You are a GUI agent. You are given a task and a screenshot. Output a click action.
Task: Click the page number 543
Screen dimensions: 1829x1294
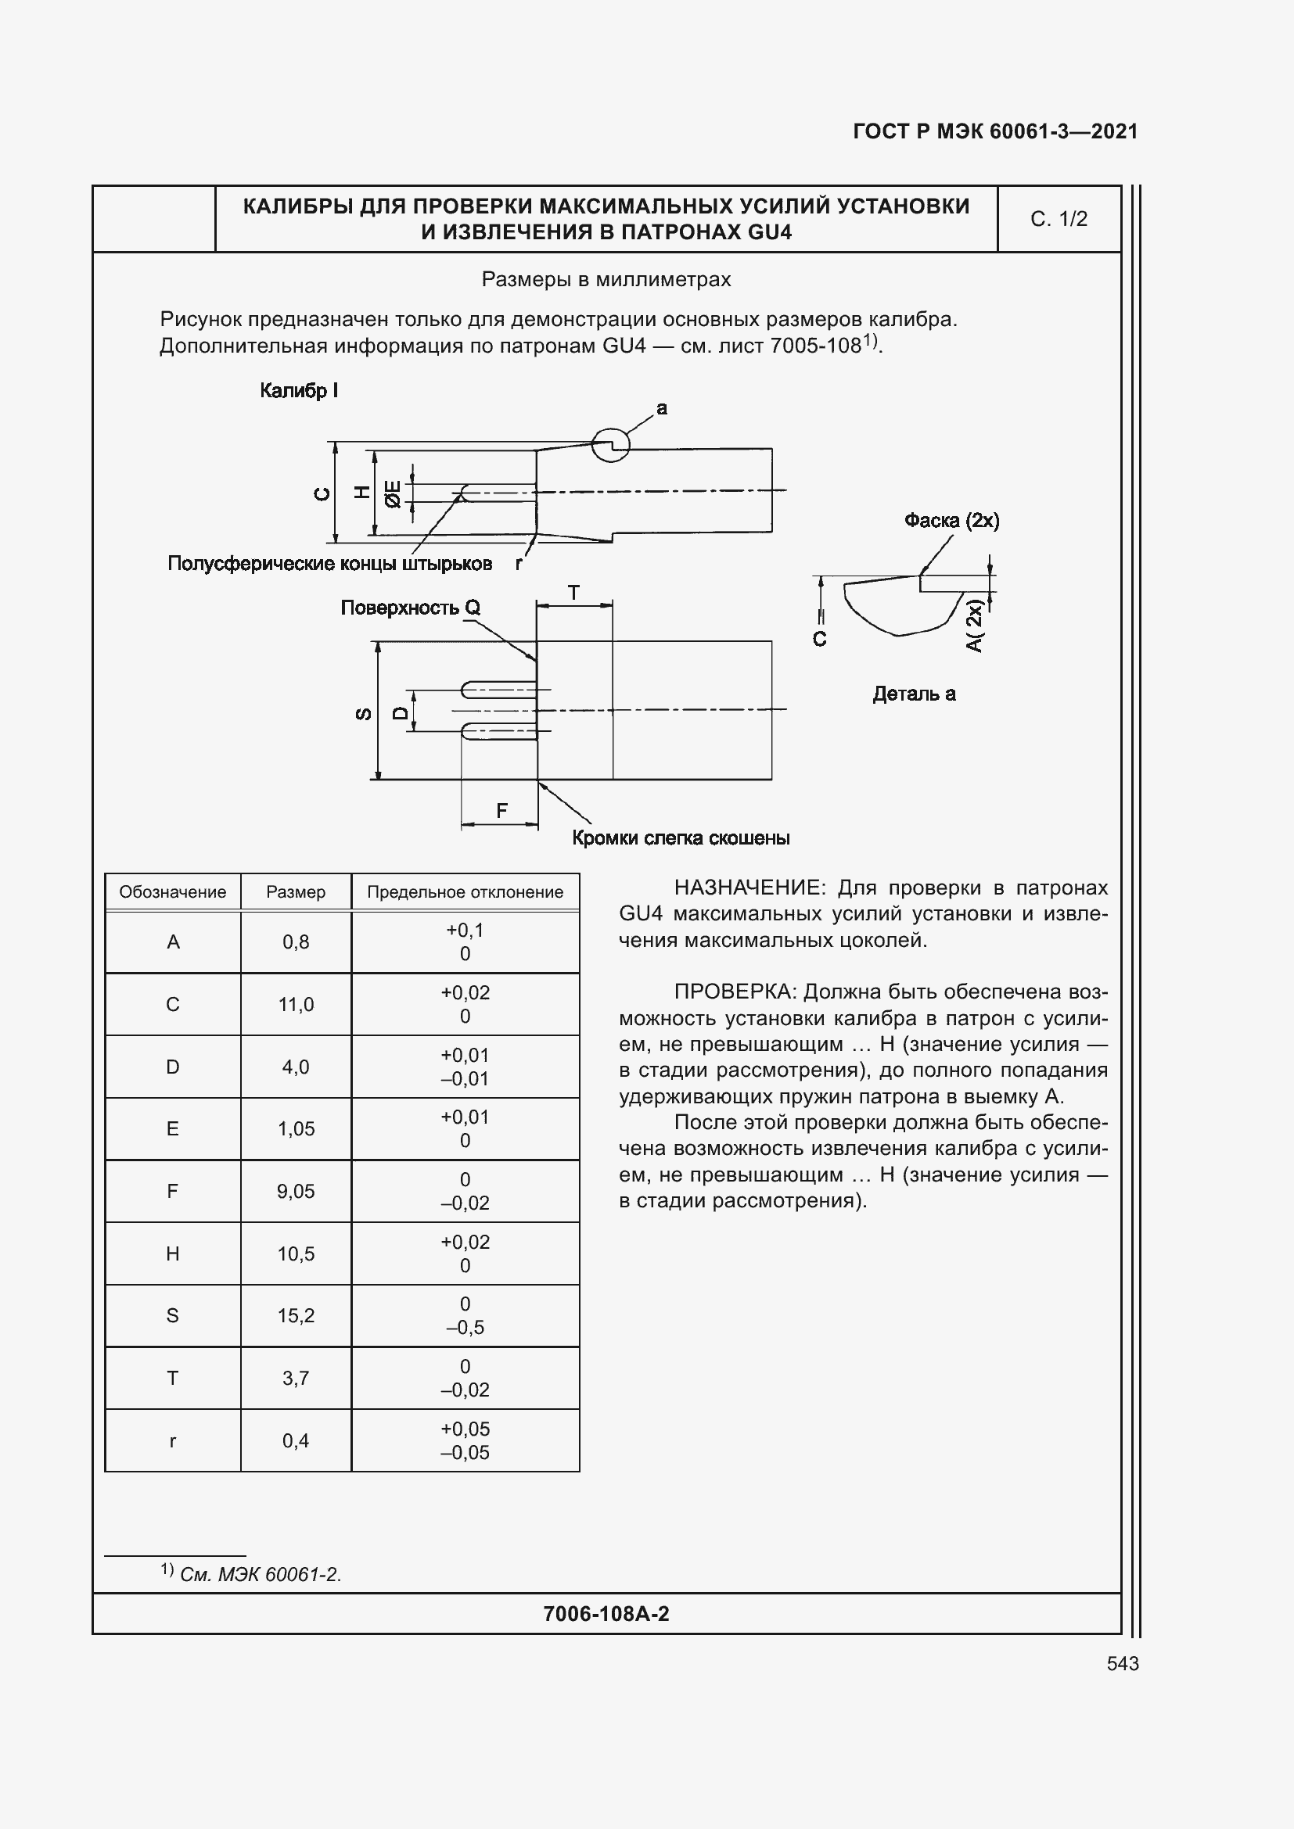[1122, 1663]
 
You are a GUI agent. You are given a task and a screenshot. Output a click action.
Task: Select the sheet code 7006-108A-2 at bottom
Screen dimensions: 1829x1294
[606, 1614]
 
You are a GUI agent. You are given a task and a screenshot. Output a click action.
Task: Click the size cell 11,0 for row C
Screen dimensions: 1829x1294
[296, 1005]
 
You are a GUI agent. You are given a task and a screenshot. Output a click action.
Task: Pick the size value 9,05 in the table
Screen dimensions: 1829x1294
[296, 1191]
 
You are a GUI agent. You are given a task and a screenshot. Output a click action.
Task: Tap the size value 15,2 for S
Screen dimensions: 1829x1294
[296, 1315]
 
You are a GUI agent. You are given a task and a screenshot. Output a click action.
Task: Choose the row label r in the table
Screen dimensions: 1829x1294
[172, 1440]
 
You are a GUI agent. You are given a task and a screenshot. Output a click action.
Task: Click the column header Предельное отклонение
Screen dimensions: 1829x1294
[465, 892]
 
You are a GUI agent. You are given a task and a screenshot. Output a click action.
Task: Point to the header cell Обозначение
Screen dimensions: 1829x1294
[172, 892]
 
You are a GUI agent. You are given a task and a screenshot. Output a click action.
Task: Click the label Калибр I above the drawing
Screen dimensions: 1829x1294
[299, 390]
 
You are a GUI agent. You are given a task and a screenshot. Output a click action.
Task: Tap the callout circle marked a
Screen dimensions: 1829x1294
[610, 444]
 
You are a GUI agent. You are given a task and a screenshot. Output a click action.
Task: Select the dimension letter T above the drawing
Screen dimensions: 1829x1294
[573, 593]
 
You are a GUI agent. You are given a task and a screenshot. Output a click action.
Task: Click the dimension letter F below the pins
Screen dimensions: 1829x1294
[501, 811]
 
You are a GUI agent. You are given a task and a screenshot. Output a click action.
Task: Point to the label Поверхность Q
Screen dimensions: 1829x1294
[411, 608]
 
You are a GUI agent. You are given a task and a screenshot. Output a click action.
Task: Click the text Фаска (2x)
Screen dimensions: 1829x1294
[951, 520]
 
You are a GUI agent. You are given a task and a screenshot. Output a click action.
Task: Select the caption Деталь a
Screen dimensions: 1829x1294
[914, 694]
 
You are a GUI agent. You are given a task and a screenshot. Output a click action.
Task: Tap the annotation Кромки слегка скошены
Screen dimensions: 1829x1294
[681, 838]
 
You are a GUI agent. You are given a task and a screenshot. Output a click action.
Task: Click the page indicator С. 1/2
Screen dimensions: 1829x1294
[1059, 219]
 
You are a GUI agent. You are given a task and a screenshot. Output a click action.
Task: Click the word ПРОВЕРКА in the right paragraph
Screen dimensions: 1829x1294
[735, 992]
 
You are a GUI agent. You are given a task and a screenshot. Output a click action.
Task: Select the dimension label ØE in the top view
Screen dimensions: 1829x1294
[393, 494]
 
